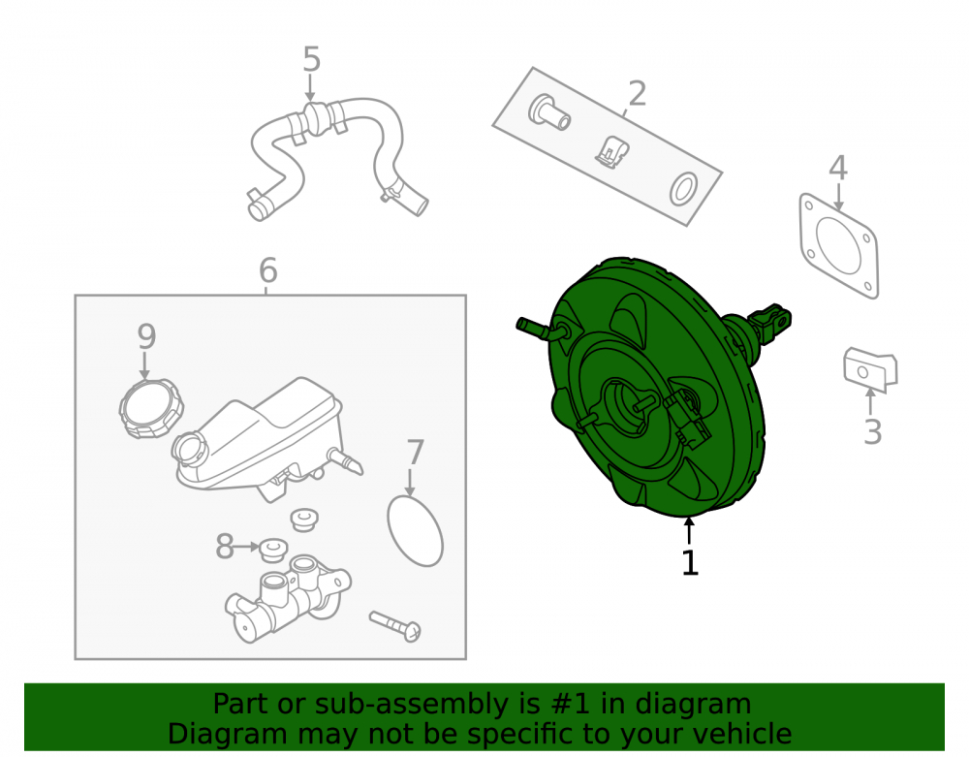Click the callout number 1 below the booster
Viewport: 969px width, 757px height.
(x=690, y=562)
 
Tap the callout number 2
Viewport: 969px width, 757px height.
(x=638, y=94)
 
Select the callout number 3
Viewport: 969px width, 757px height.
(x=872, y=431)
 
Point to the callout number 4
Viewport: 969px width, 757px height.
(x=837, y=168)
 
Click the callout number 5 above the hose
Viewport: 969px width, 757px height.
(x=311, y=59)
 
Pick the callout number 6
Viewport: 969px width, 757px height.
(x=267, y=270)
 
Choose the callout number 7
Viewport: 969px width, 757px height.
(x=416, y=453)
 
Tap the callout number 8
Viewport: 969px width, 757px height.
(x=225, y=547)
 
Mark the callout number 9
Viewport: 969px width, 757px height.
(x=146, y=336)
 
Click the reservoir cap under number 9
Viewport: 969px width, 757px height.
(x=151, y=409)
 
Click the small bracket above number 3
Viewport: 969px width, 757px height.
(x=870, y=369)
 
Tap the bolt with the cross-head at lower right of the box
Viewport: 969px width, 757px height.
(x=395, y=626)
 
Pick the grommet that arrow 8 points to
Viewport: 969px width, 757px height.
(x=272, y=550)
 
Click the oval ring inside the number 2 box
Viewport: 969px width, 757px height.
(x=683, y=189)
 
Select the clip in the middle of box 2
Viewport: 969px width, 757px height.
(x=611, y=152)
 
